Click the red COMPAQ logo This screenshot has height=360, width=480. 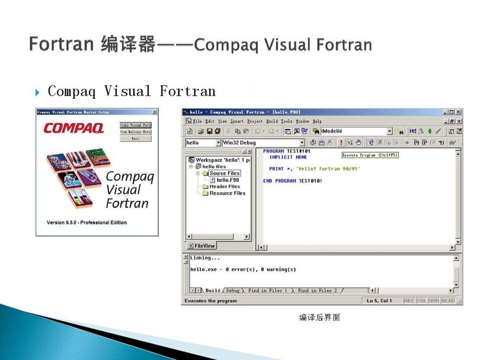coord(73,127)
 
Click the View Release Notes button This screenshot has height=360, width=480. coord(136,131)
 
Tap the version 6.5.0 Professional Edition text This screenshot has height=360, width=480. coord(87,223)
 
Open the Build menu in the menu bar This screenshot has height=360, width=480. coord(272,121)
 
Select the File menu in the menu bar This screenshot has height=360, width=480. coord(198,121)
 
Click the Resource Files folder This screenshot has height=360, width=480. coord(227,193)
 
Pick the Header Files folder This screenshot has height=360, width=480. coord(225,187)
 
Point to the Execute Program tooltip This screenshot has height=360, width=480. coord(369,155)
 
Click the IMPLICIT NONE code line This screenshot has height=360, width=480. coord(288,157)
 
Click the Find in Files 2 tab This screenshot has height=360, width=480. coord(318,291)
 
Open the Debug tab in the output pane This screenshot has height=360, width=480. coord(233,291)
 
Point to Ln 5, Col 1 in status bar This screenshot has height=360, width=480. coord(380,301)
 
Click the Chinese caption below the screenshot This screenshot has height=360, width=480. coord(319,317)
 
